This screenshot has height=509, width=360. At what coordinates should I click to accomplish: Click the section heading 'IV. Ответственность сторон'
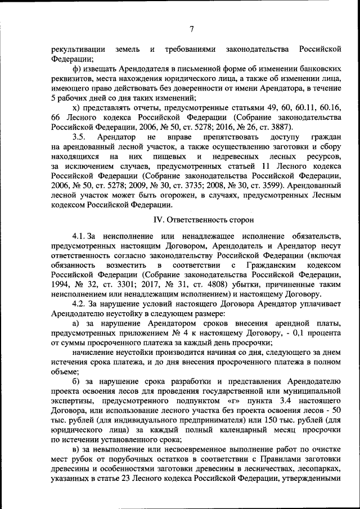(x=196, y=219)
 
